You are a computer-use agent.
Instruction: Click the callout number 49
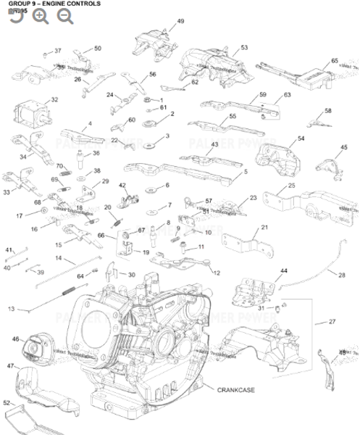pos(180,22)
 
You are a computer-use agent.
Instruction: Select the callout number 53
pos(244,47)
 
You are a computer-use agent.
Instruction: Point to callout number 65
pos(335,61)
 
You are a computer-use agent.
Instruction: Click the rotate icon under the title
pos(16,16)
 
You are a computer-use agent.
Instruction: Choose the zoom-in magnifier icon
pos(41,16)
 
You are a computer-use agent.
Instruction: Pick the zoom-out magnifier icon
pos(65,16)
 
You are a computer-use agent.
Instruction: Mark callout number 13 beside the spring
pos(11,310)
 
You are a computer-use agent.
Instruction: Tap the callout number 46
pos(15,339)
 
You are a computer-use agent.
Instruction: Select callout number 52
pos(7,402)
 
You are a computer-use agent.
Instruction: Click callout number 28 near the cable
pos(340,273)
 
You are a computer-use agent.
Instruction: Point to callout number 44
pos(283,270)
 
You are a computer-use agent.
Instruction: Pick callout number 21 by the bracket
pos(264,228)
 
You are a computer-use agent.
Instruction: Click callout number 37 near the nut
pos(58,51)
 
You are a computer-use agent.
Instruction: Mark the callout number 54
pos(301,138)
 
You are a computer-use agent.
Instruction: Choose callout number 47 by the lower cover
pos(11,366)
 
